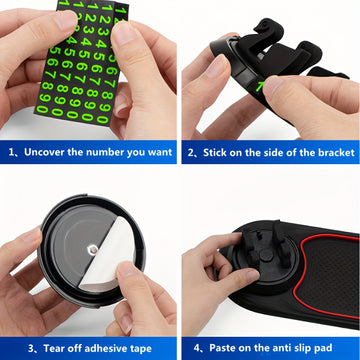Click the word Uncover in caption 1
44,152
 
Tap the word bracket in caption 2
336,153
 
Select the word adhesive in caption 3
103,349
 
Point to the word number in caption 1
103,152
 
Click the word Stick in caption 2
214,153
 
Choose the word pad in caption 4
323,348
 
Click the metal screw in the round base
92,249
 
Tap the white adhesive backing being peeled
107,257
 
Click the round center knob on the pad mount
266,255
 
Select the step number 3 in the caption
31,349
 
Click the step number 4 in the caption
197,348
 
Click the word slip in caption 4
298,348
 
